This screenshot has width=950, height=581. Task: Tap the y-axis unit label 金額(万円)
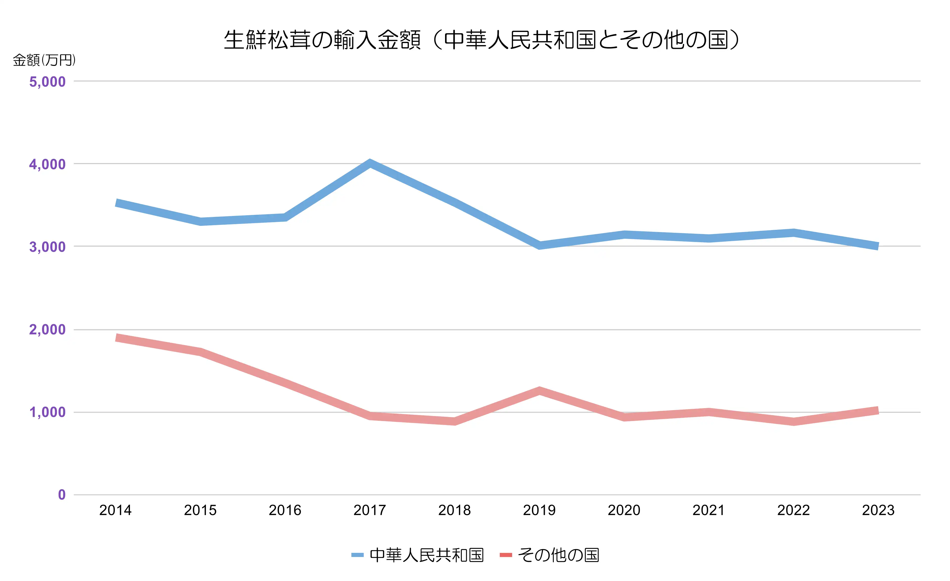click(44, 60)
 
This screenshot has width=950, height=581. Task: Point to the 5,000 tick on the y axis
click(48, 82)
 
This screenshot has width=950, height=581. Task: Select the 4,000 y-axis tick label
click(48, 164)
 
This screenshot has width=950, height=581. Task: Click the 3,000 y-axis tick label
click(48, 247)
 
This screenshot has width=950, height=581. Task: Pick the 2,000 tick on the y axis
click(48, 330)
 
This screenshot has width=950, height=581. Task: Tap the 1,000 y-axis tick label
click(48, 412)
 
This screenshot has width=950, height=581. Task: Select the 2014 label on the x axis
click(115, 510)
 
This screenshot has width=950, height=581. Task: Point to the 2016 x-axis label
click(285, 510)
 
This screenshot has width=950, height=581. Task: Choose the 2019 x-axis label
click(539, 510)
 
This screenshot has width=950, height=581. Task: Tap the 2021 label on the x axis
click(709, 510)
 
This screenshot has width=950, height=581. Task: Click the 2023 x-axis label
click(878, 510)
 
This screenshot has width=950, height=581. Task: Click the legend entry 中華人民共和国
click(426, 555)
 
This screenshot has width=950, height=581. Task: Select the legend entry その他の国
click(558, 555)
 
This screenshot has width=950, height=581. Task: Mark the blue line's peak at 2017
click(370, 163)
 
